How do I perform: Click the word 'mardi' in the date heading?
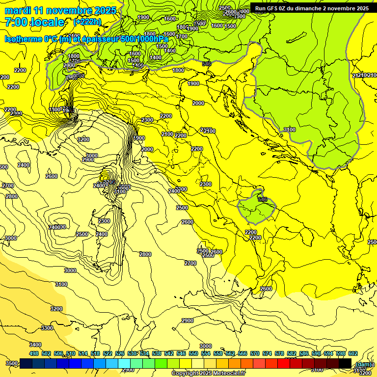pos(17,10)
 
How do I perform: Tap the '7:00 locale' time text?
pos(35,22)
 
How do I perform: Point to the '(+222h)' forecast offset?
pos(87,22)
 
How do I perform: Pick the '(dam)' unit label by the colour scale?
pos(363,364)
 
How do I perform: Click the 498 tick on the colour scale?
pos(34,353)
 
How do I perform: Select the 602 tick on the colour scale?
pos(352,353)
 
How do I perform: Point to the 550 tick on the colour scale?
pos(193,353)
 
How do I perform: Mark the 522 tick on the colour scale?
pos(108,353)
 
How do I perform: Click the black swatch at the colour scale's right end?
pos(345,363)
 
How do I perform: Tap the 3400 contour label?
pos(35,345)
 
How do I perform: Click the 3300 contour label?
pos(47,327)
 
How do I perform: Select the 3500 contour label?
pos(12,363)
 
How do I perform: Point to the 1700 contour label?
pos(182,36)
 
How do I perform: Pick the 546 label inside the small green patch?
pos(262,199)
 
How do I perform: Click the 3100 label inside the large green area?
pos(290,130)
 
